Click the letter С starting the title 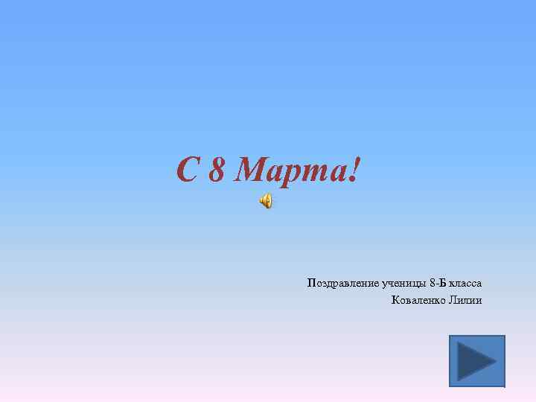(188, 170)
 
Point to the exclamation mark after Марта (353, 170)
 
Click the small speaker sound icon (266, 200)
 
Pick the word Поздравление (342, 284)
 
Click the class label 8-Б (438, 283)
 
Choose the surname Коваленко (418, 300)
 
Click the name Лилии (465, 300)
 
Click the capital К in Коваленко (394, 300)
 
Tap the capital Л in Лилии (452, 300)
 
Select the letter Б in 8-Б (444, 283)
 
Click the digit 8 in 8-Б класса (433, 283)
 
